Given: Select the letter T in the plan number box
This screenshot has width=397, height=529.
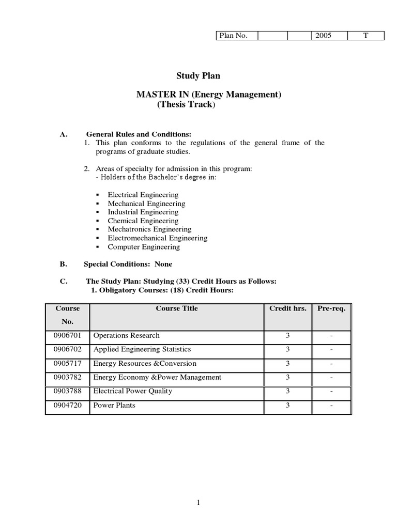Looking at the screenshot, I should click(365, 36).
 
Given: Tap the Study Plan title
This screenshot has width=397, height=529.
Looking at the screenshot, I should click(198, 76).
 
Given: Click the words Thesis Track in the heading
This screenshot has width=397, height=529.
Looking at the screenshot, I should click(185, 104).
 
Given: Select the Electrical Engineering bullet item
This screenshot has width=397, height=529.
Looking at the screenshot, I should click(143, 195).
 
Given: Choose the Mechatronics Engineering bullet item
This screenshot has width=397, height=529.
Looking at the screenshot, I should click(149, 229).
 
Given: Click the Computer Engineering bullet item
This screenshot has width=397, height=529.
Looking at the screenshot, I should click(144, 247).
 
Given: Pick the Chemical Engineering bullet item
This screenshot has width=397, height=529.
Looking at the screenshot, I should click(143, 221).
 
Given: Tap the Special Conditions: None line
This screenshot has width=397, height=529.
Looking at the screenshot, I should click(128, 264).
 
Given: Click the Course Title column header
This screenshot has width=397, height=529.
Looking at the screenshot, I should click(177, 308).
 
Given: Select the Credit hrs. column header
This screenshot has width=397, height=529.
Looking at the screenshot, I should click(288, 308).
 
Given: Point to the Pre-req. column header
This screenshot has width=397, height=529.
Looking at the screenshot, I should click(331, 308).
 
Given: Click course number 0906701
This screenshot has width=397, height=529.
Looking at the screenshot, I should click(68, 335).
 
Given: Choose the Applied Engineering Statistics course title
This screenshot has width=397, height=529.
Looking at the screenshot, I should click(142, 349).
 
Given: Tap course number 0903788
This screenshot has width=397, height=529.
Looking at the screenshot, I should click(68, 391).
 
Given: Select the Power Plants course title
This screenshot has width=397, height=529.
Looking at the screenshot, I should click(114, 405).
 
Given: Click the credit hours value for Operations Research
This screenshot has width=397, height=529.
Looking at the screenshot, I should click(288, 335).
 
